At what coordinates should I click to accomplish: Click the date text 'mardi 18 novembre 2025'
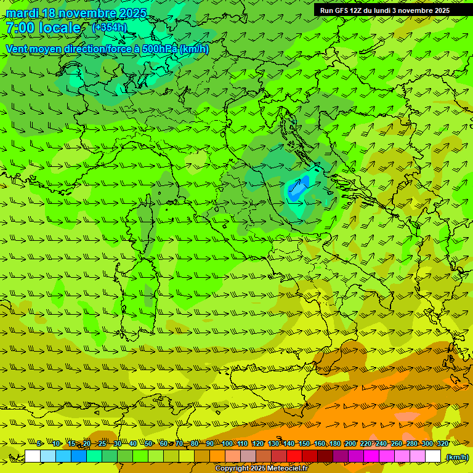coord(76,13)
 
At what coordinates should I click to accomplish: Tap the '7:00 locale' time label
coord(43,28)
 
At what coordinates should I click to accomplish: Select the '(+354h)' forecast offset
coord(110,27)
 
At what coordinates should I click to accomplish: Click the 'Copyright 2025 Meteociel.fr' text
coord(261,469)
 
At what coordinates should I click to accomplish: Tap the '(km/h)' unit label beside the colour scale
coord(456,457)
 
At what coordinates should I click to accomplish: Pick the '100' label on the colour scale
coord(227,443)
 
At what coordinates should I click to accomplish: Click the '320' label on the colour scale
coord(442,443)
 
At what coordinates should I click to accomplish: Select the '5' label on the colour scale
coord(39,443)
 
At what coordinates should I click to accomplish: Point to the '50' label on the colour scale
coord(148,443)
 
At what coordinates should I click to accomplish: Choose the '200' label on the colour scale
coord(350,443)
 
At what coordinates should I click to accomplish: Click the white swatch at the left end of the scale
coord(33,456)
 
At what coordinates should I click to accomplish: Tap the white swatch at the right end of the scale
coord(433,456)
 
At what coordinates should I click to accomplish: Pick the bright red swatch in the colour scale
coord(294,456)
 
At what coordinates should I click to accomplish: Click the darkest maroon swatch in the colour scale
coord(325,456)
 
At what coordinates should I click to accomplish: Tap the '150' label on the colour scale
coord(304,443)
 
